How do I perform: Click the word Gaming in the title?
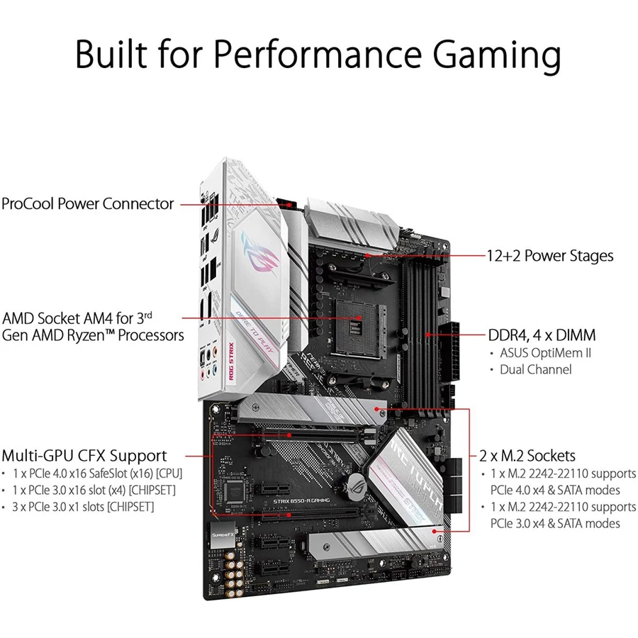[x=497, y=55]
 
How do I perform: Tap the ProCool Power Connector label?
[x=87, y=204]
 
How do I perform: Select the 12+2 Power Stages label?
[x=550, y=256]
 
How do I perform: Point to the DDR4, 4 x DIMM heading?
[x=542, y=335]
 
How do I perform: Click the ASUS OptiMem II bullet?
[x=545, y=353]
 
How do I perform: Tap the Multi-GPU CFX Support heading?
[x=84, y=456]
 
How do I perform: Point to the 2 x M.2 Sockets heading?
[x=527, y=456]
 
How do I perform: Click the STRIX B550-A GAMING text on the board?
[x=301, y=501]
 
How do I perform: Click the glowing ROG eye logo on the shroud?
[x=260, y=252]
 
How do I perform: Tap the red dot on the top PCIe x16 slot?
[x=289, y=435]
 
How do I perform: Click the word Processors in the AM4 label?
[x=151, y=336]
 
